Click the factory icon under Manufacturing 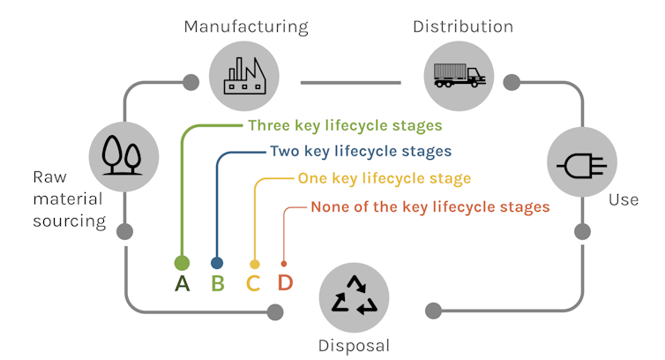tap(245, 74)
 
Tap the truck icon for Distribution tap(460, 75)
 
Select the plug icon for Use tap(580, 162)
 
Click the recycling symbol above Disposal tap(354, 295)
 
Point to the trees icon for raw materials tap(123, 154)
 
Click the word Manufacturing tap(246, 26)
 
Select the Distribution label tap(463, 26)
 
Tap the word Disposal tap(354, 345)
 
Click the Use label tap(624, 200)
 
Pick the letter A tap(183, 284)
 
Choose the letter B tap(218, 284)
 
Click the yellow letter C tap(254, 284)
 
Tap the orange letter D tap(285, 284)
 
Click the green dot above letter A tap(182, 262)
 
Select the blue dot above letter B tap(217, 263)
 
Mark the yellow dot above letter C tap(255, 264)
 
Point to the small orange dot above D tap(283, 263)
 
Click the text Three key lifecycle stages tap(345, 125)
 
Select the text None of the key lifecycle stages tap(430, 206)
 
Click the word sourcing tap(70, 221)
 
